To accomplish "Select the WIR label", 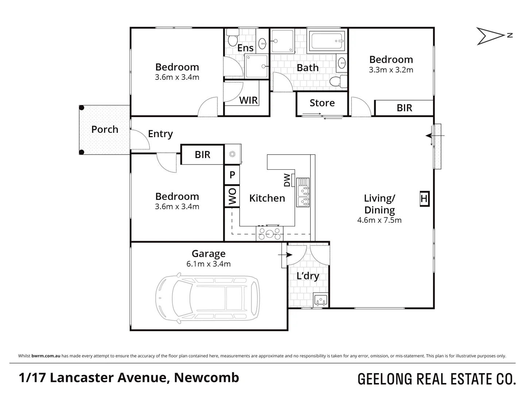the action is (248, 100).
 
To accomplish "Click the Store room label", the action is (322, 103).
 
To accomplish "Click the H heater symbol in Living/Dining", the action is (424, 199).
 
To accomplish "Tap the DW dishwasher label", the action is (287, 180).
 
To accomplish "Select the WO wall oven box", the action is (232, 197).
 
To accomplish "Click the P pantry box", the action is (232, 175).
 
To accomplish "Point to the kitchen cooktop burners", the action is (270, 233).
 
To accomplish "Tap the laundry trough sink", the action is (321, 300).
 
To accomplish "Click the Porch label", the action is (105, 130).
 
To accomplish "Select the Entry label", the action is (160, 134).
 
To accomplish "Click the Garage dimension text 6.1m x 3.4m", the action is (209, 264).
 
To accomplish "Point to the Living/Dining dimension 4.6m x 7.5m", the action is (379, 220).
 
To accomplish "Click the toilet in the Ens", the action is (232, 39).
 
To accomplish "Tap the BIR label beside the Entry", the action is (202, 155).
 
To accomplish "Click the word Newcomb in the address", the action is (206, 378).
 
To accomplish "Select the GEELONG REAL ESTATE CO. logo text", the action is (437, 379).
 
